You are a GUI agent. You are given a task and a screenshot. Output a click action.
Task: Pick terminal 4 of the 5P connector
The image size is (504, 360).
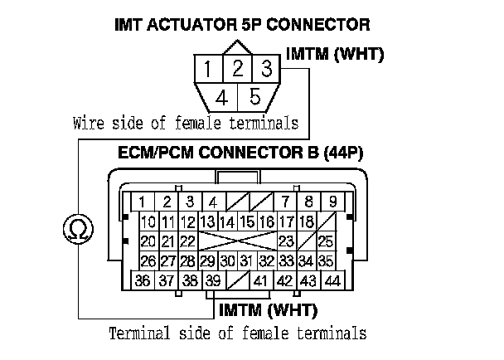tap(221, 97)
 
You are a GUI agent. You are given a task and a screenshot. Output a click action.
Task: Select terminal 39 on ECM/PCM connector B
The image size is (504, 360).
tap(214, 281)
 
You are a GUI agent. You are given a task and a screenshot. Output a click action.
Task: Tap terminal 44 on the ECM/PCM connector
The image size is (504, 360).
tap(333, 281)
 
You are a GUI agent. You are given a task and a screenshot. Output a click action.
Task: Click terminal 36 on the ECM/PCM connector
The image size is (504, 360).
tap(143, 281)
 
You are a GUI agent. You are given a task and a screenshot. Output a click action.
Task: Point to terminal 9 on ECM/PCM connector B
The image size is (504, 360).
tap(332, 202)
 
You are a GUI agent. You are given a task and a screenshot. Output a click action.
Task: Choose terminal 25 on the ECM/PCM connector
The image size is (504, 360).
tap(326, 241)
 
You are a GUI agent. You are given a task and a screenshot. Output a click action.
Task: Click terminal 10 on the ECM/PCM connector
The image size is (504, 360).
tap(148, 221)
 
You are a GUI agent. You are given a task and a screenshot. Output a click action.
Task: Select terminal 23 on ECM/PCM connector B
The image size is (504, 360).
tap(288, 241)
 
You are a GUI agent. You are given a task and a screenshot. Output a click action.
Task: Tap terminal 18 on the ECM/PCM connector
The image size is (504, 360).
tap(306, 221)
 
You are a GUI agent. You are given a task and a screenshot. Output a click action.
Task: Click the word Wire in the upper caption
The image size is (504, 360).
tap(87, 124)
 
